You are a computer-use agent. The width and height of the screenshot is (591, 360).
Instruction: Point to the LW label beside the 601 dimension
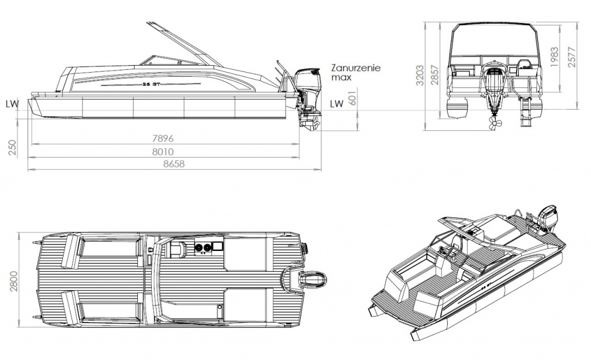point(336,104)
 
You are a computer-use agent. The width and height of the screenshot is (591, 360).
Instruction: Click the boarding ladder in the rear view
point(525,110)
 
